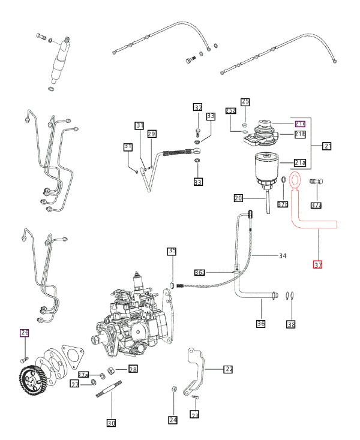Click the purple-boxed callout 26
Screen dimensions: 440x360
click(x=25, y=333)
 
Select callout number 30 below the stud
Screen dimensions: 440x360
click(x=111, y=423)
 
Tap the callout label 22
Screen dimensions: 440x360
click(x=228, y=369)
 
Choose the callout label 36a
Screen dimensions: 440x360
click(x=200, y=272)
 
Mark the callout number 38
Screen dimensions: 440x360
click(x=291, y=324)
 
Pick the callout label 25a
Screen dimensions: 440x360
click(x=231, y=111)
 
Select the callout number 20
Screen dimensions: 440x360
click(x=238, y=198)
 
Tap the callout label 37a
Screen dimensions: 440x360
click(x=316, y=205)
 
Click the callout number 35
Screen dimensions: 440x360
click(x=172, y=251)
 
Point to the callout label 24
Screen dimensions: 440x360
click(x=173, y=420)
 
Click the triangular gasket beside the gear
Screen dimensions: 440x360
click(x=72, y=356)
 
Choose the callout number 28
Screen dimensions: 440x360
click(x=133, y=369)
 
